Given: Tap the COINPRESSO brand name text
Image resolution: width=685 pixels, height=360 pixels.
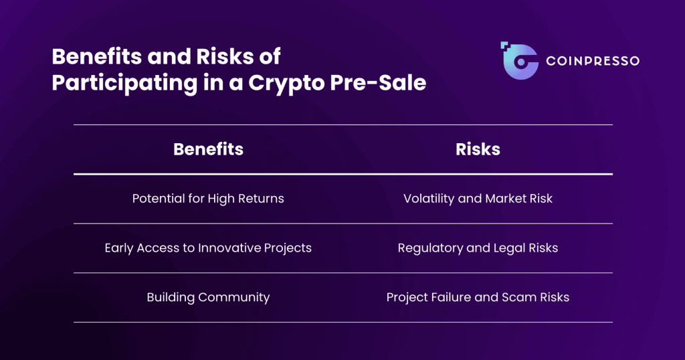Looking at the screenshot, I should [x=593, y=61].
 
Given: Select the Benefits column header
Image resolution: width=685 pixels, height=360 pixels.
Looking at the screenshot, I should [x=208, y=149].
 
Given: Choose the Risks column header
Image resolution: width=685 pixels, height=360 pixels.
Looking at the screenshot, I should [x=478, y=149].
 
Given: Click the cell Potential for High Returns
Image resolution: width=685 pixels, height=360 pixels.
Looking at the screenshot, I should [x=208, y=198].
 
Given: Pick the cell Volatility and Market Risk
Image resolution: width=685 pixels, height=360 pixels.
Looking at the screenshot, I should [x=478, y=198].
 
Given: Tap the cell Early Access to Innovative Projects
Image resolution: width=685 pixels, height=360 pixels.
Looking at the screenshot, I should [x=208, y=248].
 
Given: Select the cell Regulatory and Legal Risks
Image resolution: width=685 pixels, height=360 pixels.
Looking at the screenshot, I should [x=478, y=248].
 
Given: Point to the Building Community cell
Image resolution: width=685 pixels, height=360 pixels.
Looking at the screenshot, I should [x=208, y=297].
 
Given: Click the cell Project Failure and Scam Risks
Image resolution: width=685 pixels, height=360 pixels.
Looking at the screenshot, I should [x=478, y=297].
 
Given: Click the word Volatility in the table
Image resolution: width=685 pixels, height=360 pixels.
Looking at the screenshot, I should [x=429, y=198].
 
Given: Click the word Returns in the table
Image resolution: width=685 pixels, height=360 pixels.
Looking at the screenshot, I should [x=262, y=198].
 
